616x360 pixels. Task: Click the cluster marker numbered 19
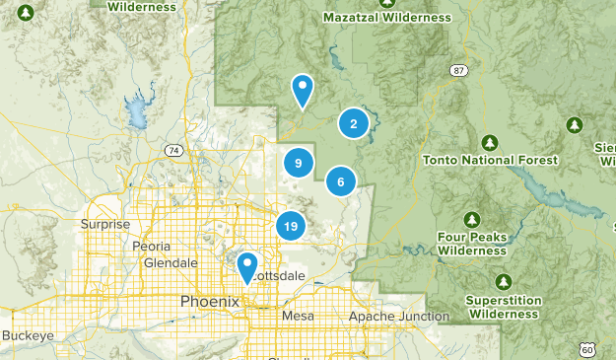(x=290, y=226)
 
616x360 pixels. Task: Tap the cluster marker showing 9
(x=298, y=163)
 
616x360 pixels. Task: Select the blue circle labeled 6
(x=341, y=181)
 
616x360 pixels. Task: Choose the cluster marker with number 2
(x=354, y=123)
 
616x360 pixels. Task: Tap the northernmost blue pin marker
(x=303, y=90)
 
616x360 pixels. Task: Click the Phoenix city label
(x=209, y=301)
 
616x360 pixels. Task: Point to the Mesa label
(x=297, y=316)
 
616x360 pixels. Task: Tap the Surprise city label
(x=105, y=224)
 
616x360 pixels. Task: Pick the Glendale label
(x=171, y=263)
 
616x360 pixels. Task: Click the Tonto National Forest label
(x=490, y=160)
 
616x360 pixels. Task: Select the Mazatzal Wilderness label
(x=386, y=18)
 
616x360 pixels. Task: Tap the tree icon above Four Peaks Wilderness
(x=472, y=219)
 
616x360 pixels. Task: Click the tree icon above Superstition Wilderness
(x=504, y=282)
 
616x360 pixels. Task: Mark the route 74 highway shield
(x=173, y=150)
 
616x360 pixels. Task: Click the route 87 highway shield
(x=458, y=70)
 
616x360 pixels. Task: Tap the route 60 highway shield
(x=587, y=349)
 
